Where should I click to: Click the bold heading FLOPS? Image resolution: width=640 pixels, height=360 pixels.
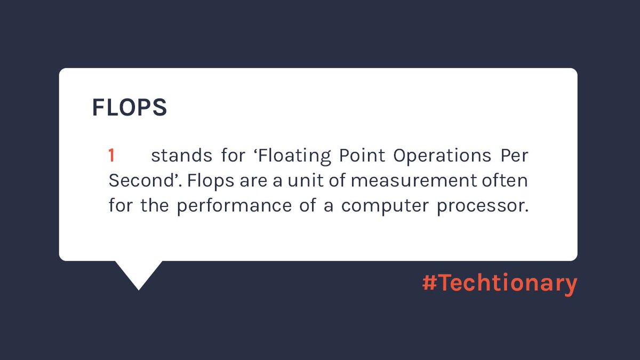tap(129, 107)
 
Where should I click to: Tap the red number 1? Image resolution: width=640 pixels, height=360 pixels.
tap(111, 156)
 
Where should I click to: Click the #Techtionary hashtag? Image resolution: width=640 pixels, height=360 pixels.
tap(499, 283)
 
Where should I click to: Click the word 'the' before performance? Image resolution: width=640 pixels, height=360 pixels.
tap(155, 205)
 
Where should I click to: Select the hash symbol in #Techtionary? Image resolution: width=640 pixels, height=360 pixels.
tap(429, 283)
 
